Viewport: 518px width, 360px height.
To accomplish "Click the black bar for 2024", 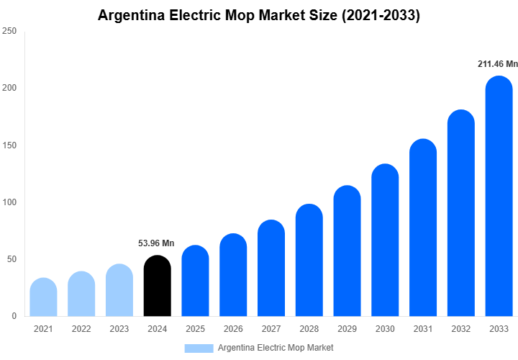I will click(157, 287).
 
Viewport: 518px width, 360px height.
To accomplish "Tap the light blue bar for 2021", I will click(43, 297).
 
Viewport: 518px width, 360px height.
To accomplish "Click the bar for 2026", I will click(233, 275).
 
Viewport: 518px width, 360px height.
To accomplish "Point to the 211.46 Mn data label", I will click(497, 64).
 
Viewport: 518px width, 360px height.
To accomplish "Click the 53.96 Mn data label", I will click(156, 243).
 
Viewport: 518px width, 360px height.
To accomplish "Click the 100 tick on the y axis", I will click(9, 202).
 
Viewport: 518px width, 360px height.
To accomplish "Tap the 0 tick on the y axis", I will click(14, 316).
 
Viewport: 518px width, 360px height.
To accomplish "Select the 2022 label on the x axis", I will click(81, 329).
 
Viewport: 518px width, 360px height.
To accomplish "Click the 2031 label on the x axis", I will click(423, 329).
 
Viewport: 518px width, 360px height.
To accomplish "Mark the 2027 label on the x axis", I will click(271, 329).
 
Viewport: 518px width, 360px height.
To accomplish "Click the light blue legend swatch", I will click(199, 348).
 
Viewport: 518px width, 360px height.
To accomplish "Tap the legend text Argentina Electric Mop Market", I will click(276, 348).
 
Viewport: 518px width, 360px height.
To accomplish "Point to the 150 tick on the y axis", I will click(9, 145).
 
